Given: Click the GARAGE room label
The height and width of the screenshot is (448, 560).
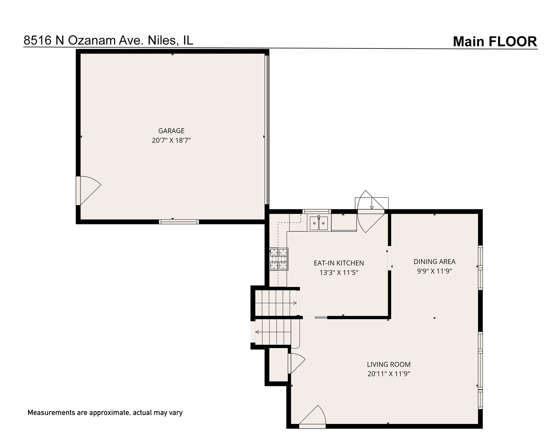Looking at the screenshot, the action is coord(171,130).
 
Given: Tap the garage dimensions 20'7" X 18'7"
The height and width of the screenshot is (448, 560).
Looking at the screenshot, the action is coord(171,140).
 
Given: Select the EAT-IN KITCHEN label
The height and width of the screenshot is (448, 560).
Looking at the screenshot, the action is coord(338,263).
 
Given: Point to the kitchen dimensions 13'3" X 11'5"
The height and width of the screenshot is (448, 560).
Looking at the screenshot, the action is coord(338,273).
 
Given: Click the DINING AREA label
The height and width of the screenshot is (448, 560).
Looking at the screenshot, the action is coord(434,261).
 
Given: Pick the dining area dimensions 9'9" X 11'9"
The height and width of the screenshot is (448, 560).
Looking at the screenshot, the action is coord(434,271).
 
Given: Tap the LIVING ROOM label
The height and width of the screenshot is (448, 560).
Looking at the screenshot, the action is coord(389,364).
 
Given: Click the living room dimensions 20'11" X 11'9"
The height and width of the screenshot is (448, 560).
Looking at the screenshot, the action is coord(389,374).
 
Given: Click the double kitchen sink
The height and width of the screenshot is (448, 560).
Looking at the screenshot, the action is coord(319,223).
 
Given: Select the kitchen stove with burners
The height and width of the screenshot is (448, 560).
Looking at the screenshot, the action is coord(279,259).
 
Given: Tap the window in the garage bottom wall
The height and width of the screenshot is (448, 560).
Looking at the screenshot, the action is coord(179,222).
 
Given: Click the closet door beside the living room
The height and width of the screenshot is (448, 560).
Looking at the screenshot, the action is coord(297,364).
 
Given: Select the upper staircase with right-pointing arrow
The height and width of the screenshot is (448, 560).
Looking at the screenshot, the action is coord(275,303).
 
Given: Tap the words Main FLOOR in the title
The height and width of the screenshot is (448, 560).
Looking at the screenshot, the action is coord(495,41).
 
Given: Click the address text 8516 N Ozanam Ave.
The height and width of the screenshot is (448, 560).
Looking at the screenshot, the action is coord(83,40).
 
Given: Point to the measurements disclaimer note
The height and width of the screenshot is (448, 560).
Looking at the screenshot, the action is coord(105,413).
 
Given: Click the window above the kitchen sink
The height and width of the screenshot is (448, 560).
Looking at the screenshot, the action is coord(317,212).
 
